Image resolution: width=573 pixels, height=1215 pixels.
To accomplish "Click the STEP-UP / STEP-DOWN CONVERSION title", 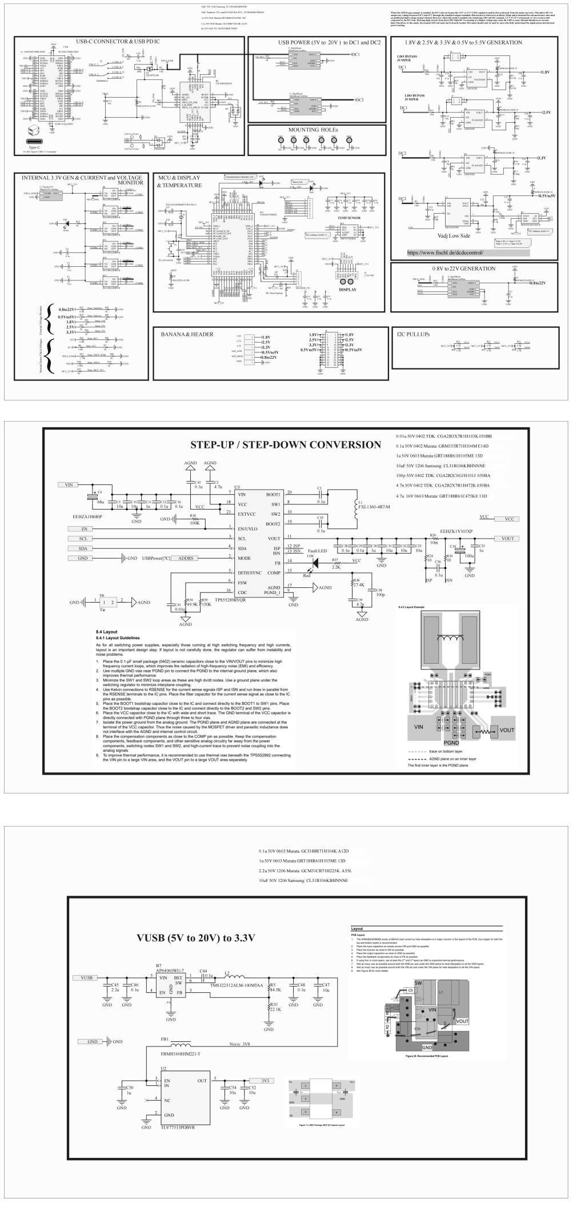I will [x=286, y=445].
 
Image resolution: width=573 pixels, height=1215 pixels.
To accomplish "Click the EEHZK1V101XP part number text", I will [x=456, y=531].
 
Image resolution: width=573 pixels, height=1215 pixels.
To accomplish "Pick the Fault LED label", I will [x=317, y=551].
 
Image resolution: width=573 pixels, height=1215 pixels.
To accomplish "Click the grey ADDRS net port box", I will [x=186, y=558].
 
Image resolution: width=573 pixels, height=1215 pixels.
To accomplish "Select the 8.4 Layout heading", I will [x=107, y=632].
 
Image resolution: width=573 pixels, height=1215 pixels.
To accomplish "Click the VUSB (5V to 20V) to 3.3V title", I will [x=195, y=938].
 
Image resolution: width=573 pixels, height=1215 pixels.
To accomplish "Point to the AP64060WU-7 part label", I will [x=171, y=971].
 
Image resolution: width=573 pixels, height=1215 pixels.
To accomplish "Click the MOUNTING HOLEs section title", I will [x=312, y=130].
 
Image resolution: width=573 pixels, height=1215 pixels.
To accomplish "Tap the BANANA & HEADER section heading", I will [x=187, y=334].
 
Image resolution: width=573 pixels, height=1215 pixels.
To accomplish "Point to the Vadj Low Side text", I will [x=454, y=235].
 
